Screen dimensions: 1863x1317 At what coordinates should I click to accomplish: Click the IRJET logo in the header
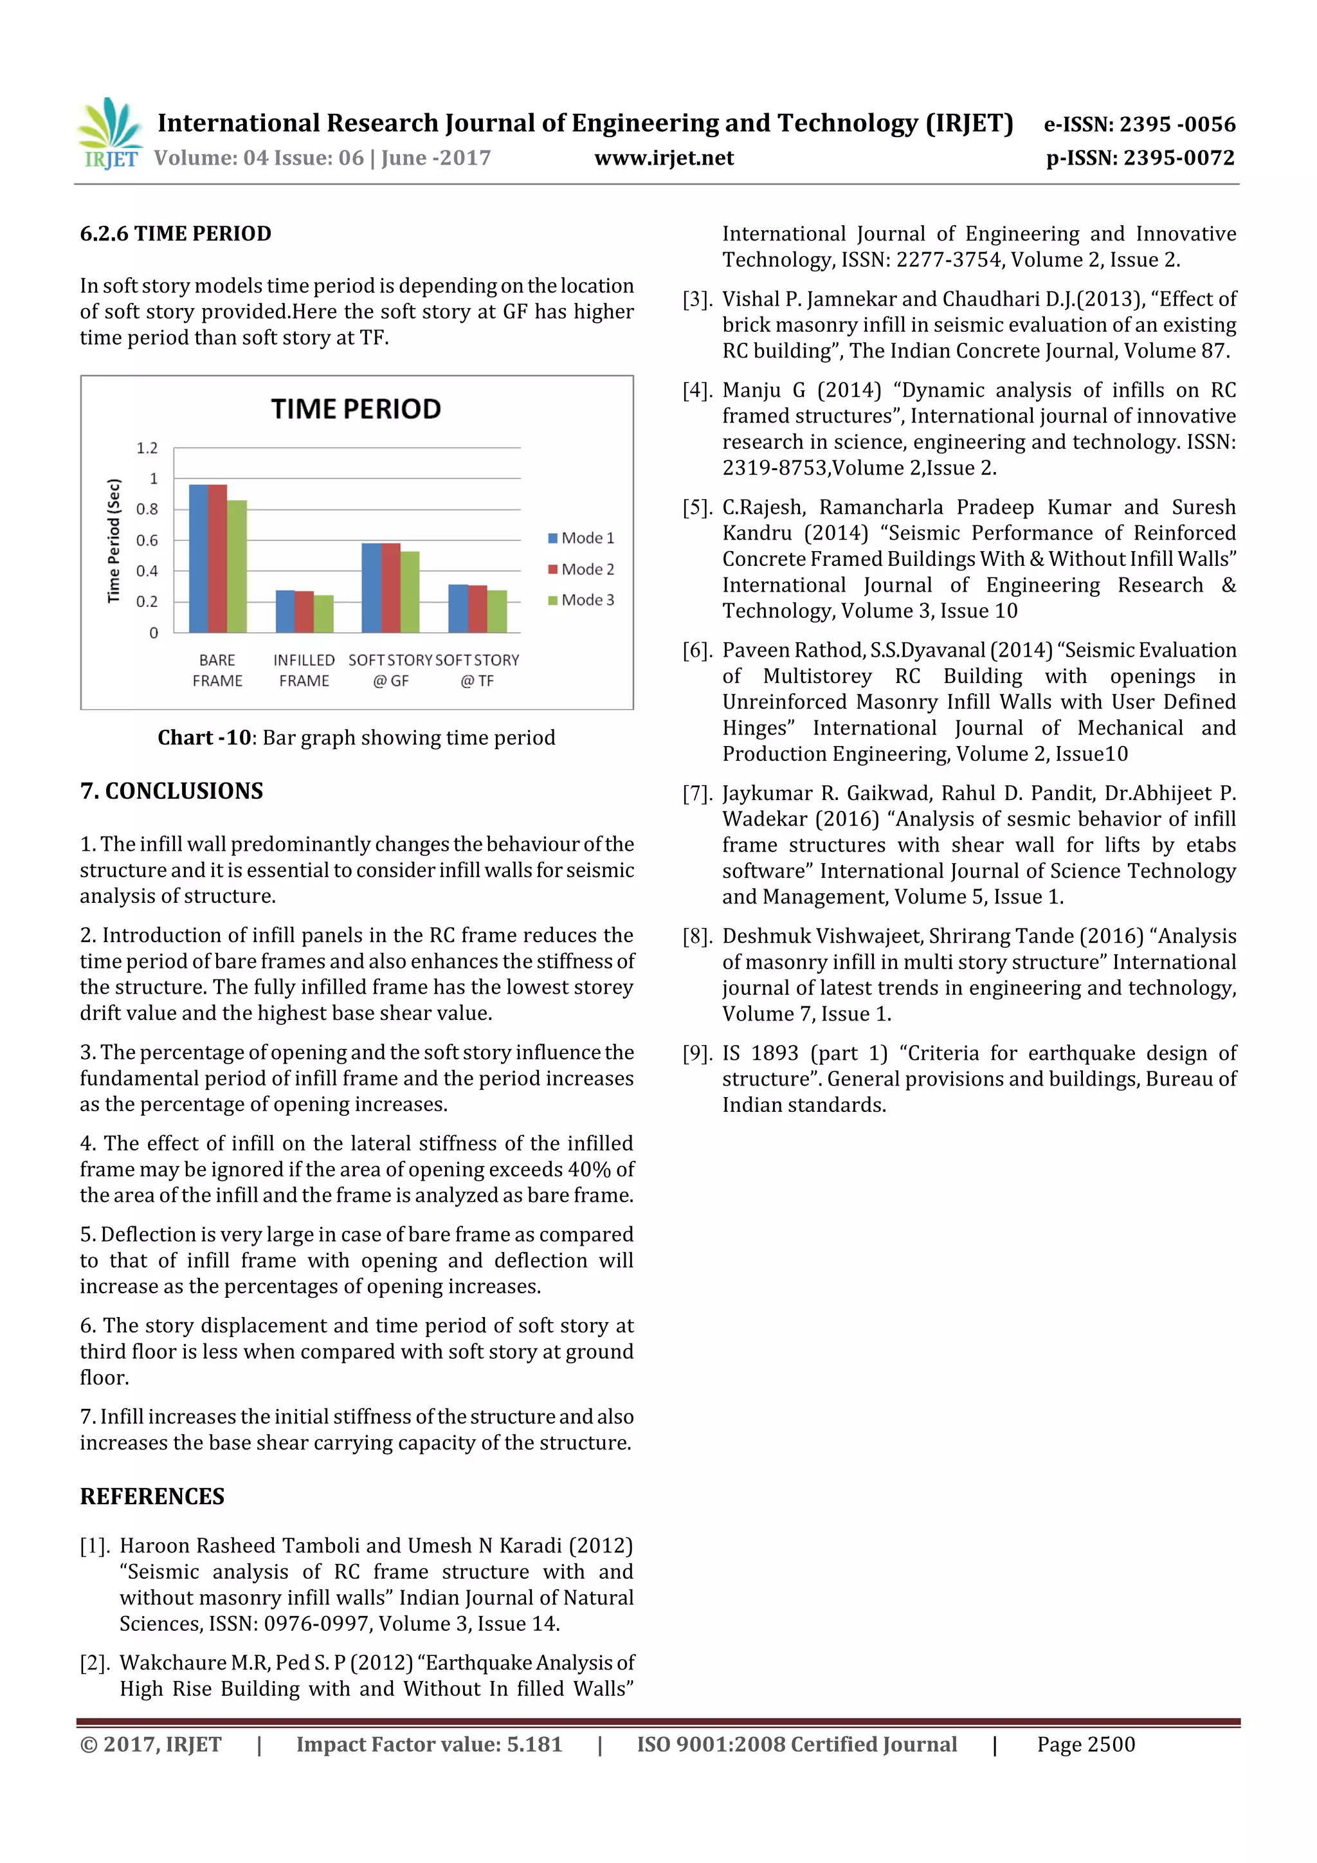point(109,134)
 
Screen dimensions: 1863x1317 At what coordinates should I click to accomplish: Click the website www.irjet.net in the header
point(664,158)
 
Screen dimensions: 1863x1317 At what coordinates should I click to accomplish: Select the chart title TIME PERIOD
point(356,409)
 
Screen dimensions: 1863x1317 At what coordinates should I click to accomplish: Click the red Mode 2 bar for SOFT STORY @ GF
point(390,588)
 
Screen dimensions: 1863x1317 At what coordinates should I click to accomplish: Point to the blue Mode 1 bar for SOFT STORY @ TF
point(458,608)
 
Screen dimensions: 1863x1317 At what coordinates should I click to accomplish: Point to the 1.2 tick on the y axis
point(147,448)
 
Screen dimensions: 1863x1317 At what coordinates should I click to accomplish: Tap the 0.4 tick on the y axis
point(147,571)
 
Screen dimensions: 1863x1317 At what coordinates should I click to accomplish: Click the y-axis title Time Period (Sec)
point(114,540)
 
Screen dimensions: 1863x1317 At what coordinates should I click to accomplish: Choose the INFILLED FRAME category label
point(304,670)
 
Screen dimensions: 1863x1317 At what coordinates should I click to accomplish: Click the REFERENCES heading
point(152,1496)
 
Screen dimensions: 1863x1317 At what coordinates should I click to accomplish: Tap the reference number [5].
point(697,508)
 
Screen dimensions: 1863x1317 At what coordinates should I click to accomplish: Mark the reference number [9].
point(697,1053)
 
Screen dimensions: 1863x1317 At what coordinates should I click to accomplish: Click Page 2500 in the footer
point(1085,1745)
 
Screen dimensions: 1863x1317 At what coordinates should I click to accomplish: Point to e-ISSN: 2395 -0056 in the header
point(1140,124)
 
